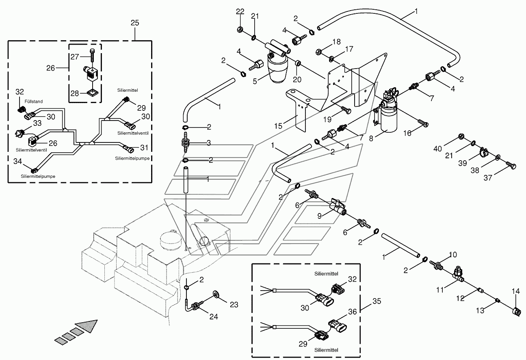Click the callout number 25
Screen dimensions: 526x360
tap(135, 23)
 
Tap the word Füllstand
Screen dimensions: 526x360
tap(34, 101)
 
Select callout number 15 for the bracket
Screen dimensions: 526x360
tap(278, 126)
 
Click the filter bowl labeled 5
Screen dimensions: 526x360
tap(277, 70)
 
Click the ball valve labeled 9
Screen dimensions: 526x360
tap(338, 207)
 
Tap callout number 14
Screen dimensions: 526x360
tap(516, 291)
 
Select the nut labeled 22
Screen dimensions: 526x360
tap(240, 30)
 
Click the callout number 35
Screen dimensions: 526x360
tap(377, 301)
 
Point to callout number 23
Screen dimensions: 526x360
tap(234, 305)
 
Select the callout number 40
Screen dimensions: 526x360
tap(437, 149)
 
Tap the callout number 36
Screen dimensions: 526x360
tap(353, 312)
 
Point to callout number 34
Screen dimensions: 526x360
tap(17, 161)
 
